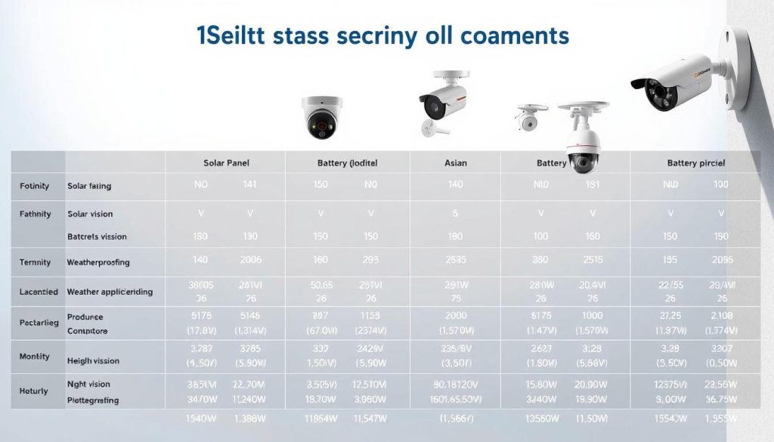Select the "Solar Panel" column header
coord(227,163)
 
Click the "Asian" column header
coord(455,163)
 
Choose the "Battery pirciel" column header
coord(697,163)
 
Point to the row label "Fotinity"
coord(35,185)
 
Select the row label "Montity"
coord(35,356)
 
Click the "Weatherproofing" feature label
coord(98,262)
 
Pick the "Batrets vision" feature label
coord(97,236)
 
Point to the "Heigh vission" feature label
coord(94,361)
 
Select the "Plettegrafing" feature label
coord(93,400)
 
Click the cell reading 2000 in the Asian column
coord(455,317)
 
